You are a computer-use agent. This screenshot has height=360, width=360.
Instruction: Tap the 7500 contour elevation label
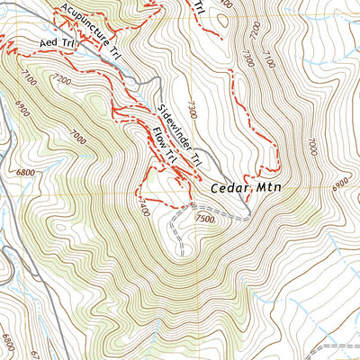(x=205, y=218)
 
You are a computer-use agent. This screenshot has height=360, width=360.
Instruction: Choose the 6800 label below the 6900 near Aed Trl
(x=24, y=171)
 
